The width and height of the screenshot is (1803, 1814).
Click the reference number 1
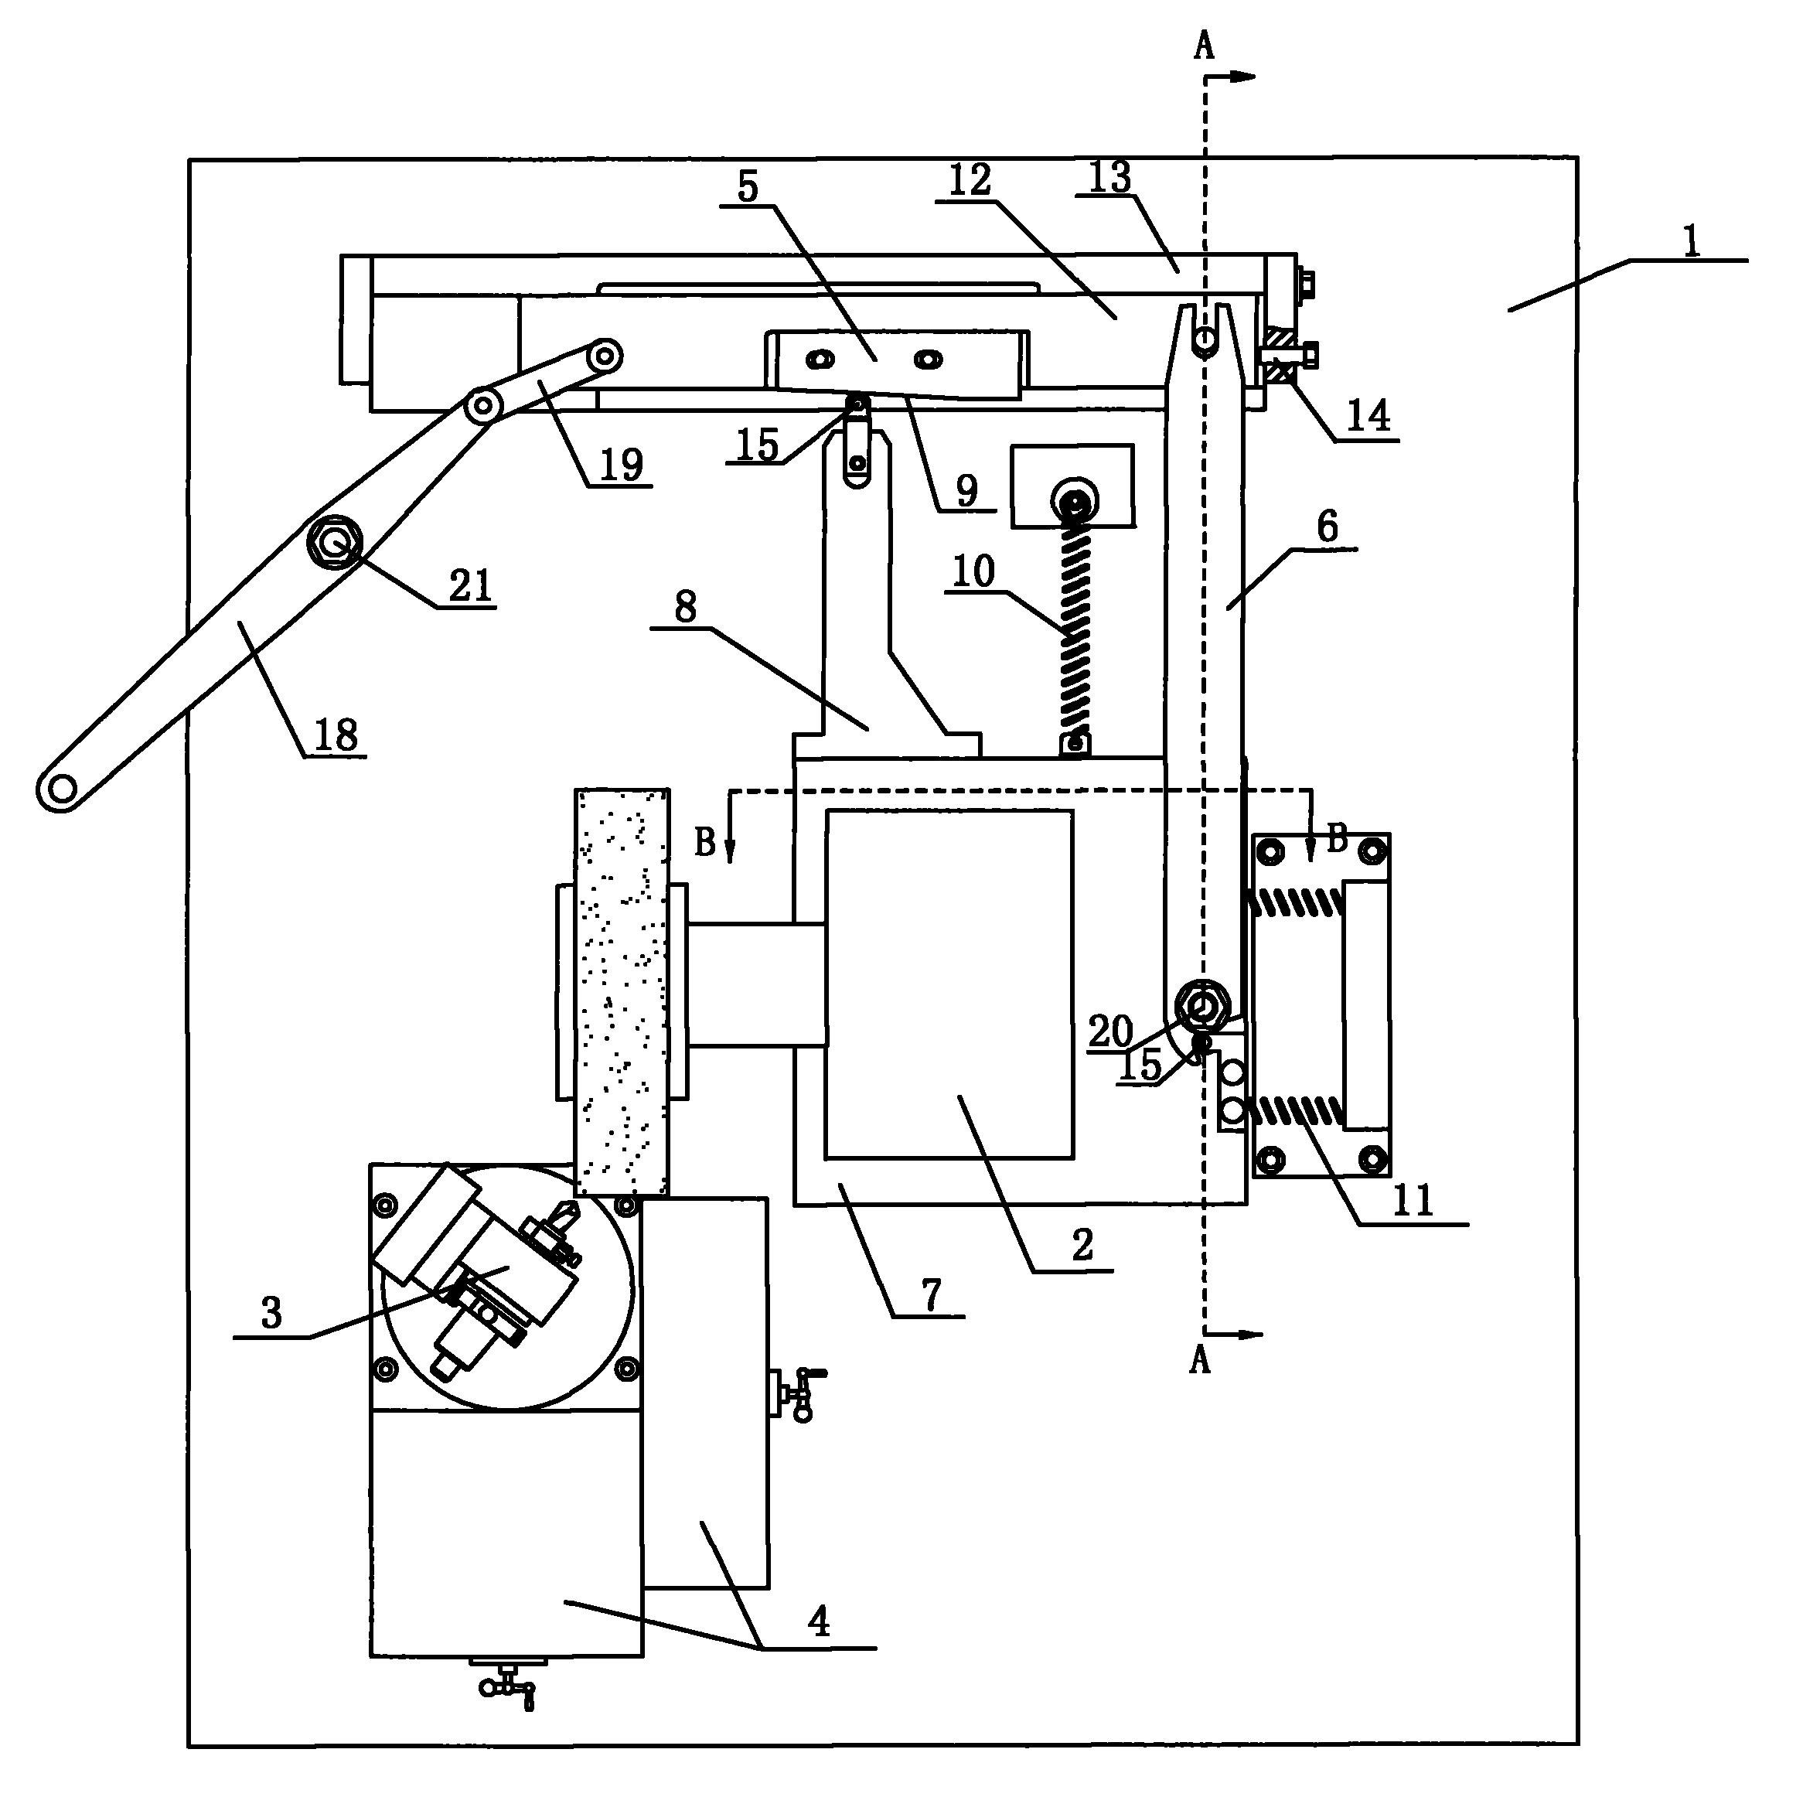pos(1691,241)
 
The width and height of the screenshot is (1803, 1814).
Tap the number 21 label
pos(469,586)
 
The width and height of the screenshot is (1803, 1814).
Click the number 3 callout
pos(271,1313)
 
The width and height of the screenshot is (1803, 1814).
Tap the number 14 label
pos(1368,415)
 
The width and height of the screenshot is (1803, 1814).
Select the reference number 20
pos(1111,1031)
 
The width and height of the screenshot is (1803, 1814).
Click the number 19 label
pos(621,465)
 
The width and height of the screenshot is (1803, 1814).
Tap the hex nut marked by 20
pos(1201,1005)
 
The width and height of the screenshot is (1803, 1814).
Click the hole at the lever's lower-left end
pos(61,788)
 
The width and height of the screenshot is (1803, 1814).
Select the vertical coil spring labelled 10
pos(1075,625)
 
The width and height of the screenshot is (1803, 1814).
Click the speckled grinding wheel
pos(622,991)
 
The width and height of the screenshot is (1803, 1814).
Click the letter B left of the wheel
pos(704,842)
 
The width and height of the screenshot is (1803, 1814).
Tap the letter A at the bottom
pos(1199,1359)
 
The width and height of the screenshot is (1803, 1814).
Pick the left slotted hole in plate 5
pos(822,359)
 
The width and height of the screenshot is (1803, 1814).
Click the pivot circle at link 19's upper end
pos(605,355)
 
